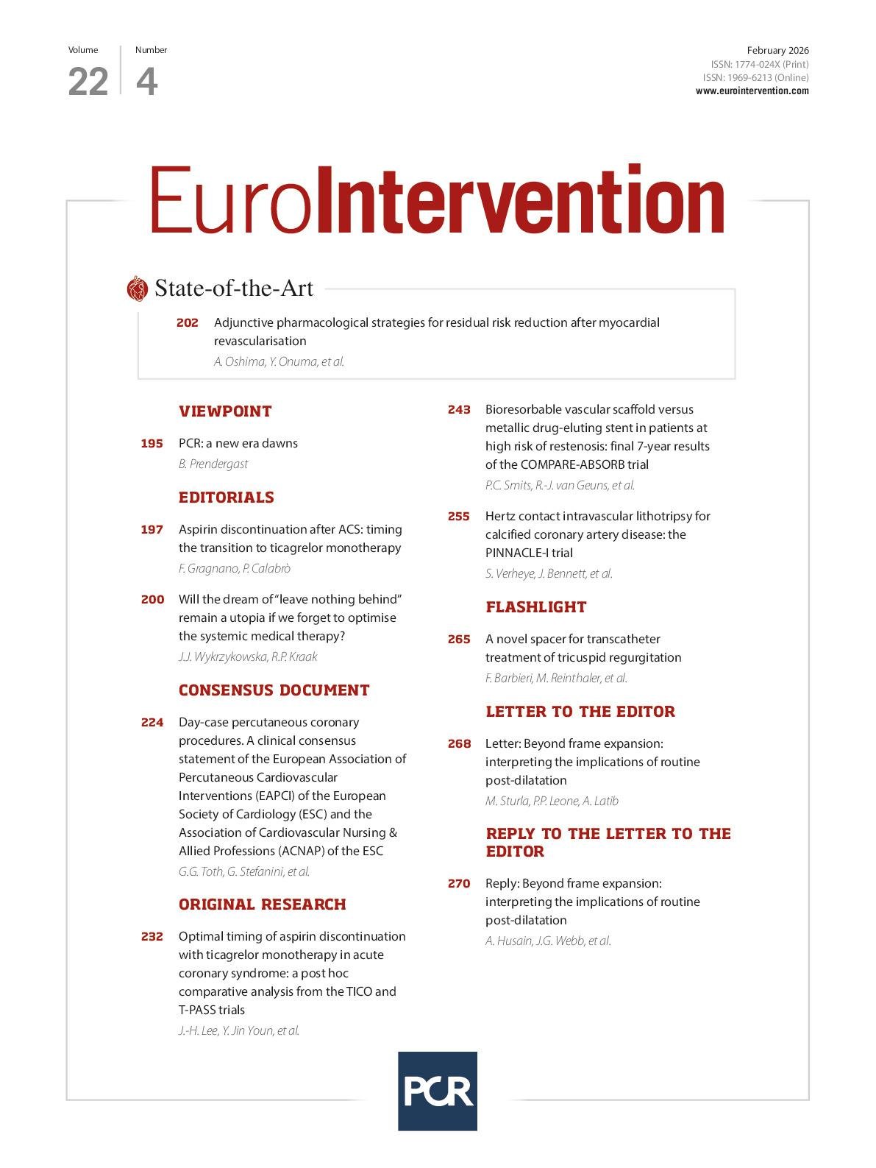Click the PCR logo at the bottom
point(438,1091)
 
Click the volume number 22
point(88,82)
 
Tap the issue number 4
point(146,82)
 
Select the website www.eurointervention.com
point(752,91)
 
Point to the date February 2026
point(777,51)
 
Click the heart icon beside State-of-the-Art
point(137,289)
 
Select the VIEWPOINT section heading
point(225,411)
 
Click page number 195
point(152,444)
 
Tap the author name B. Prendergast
point(213,464)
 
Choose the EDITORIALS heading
point(227,498)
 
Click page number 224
point(152,723)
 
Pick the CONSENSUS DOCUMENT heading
point(274,690)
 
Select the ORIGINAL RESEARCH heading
point(262,905)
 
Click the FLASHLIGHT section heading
point(535,607)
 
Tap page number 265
point(459,640)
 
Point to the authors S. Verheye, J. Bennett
point(549,573)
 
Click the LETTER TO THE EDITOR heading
point(580,712)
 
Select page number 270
point(459,884)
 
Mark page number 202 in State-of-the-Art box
point(188,323)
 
